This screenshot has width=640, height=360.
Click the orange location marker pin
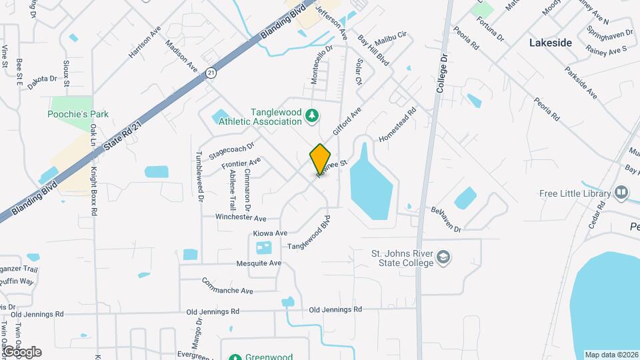320,159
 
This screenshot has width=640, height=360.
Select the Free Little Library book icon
622,193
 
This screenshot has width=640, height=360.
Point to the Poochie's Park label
77,114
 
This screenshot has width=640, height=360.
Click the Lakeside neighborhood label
550,43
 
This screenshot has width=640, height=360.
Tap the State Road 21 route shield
211,72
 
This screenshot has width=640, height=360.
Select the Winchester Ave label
241,218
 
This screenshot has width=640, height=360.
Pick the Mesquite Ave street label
259,263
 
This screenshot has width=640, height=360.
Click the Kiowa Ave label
270,233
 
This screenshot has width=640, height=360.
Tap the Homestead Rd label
397,125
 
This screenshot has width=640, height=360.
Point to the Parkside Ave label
581,83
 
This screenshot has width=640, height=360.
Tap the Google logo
21,351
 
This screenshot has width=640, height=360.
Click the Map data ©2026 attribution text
611,355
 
